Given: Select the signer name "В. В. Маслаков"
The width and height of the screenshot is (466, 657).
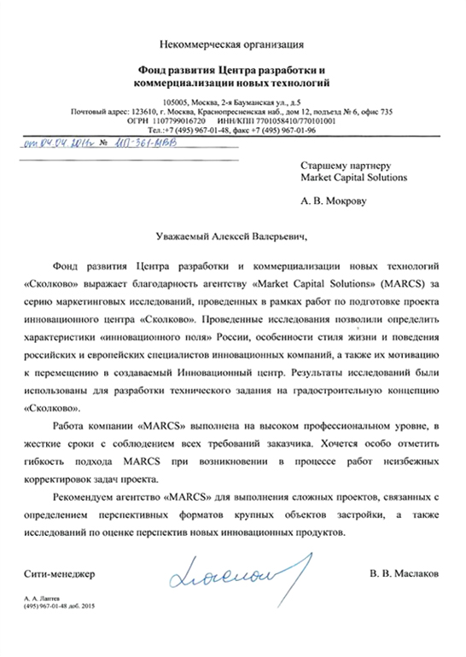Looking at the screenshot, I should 403,574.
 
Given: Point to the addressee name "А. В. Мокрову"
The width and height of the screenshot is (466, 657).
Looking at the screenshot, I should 334,203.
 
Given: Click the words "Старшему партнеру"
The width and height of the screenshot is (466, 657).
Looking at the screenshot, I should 345,164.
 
